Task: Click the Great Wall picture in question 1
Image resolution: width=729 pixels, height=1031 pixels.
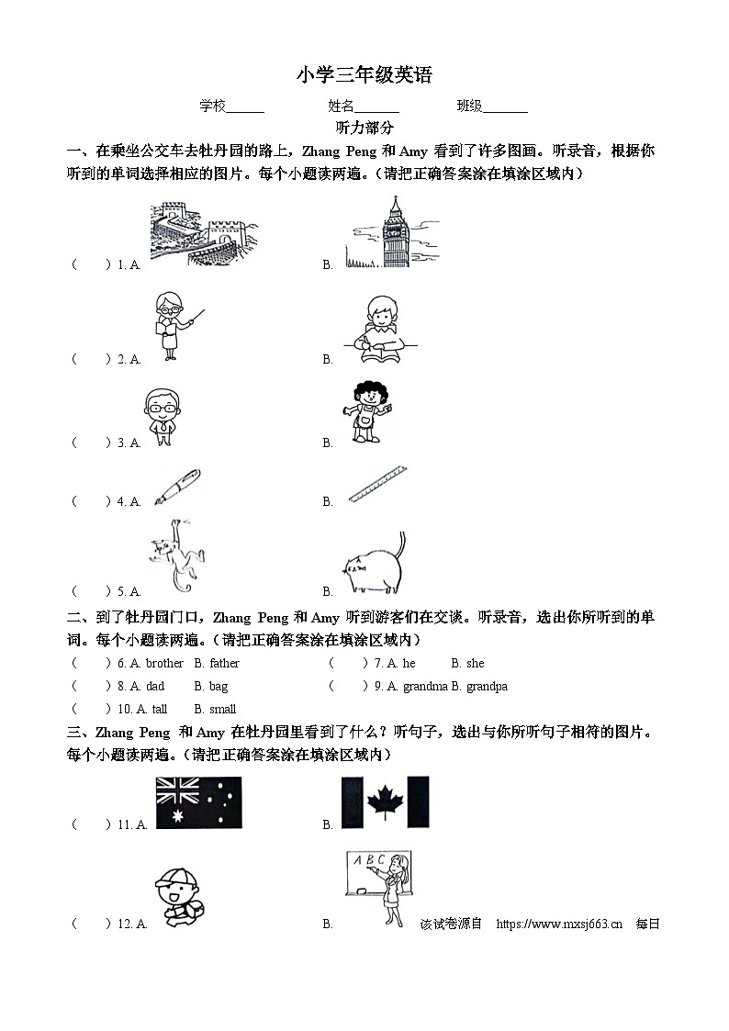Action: (x=204, y=234)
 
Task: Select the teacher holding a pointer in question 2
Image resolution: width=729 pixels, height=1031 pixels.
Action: (x=173, y=325)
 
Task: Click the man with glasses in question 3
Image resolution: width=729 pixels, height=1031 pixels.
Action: (x=162, y=416)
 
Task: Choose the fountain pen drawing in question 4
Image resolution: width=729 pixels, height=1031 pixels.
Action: (x=177, y=487)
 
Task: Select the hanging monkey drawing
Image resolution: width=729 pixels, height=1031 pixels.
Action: (x=173, y=555)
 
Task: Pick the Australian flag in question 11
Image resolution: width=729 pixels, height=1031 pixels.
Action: (x=198, y=803)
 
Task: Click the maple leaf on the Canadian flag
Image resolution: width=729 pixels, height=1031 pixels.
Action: (x=383, y=801)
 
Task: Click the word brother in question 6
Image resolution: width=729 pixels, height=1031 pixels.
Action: (x=164, y=663)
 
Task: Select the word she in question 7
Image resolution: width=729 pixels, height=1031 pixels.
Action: (x=475, y=663)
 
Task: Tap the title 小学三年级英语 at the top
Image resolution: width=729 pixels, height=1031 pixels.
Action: (x=364, y=75)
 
